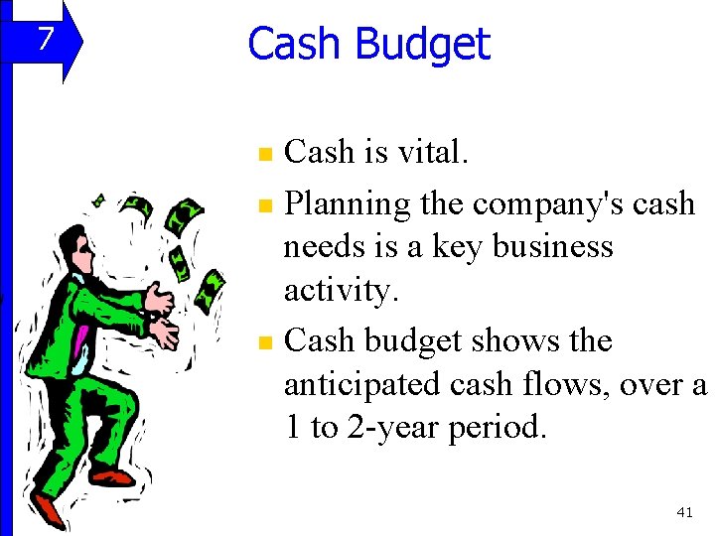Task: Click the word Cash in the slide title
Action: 296,44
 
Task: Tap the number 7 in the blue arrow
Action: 43,41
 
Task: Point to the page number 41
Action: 683,511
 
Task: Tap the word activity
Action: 339,291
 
